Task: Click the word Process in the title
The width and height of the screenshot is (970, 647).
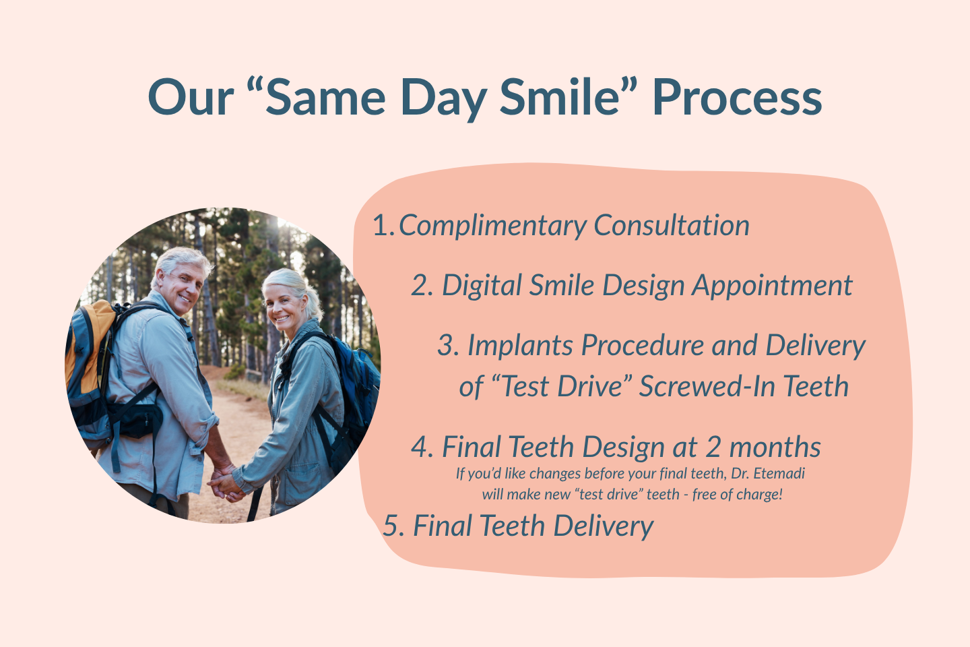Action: pos(737,97)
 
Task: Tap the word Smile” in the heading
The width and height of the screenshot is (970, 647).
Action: pos(568,96)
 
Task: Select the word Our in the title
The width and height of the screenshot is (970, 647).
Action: pos(191,97)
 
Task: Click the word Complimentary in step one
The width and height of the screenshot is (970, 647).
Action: pos(492,226)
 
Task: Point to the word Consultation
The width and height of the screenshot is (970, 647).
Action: pos(671,225)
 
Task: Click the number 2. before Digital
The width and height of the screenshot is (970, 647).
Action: pos(422,286)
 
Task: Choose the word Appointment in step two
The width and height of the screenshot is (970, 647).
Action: pos(772,286)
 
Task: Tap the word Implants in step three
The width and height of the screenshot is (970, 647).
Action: pos(520,346)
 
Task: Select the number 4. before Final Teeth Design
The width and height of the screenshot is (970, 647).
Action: pos(422,448)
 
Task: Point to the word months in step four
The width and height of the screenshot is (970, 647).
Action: pos(775,448)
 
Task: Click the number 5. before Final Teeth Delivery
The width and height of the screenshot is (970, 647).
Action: pos(393,526)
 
